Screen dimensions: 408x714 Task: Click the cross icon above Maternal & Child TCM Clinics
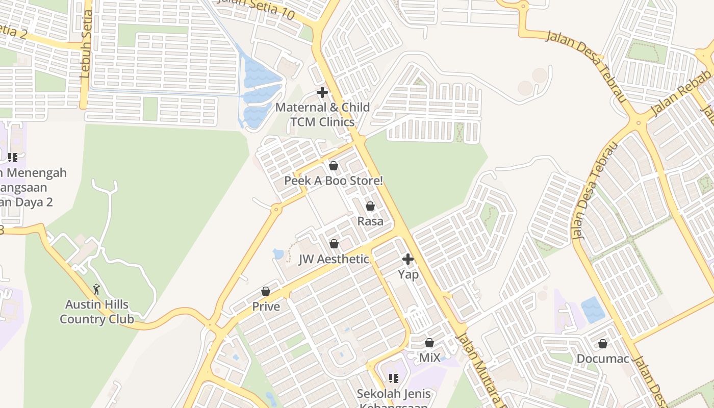(322, 93)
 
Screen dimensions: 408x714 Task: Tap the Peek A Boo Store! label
(333, 181)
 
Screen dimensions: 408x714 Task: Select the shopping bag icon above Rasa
(370, 207)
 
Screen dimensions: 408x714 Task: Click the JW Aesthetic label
(334, 259)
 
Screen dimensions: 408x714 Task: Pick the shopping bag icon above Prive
(266, 292)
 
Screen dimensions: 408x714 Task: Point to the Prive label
(266, 307)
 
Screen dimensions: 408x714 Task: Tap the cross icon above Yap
(408, 260)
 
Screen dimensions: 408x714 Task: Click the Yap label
(408, 274)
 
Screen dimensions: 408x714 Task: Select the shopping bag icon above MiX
(429, 343)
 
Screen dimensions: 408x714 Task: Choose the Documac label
(603, 359)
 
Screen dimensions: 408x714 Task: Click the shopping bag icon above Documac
(603, 344)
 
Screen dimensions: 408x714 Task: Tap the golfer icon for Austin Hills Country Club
(96, 290)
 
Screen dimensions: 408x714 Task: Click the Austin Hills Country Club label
(97, 312)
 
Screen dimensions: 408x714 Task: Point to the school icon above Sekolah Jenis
(393, 378)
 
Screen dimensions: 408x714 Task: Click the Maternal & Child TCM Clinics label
(322, 115)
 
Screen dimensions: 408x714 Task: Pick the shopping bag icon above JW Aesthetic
(334, 244)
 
